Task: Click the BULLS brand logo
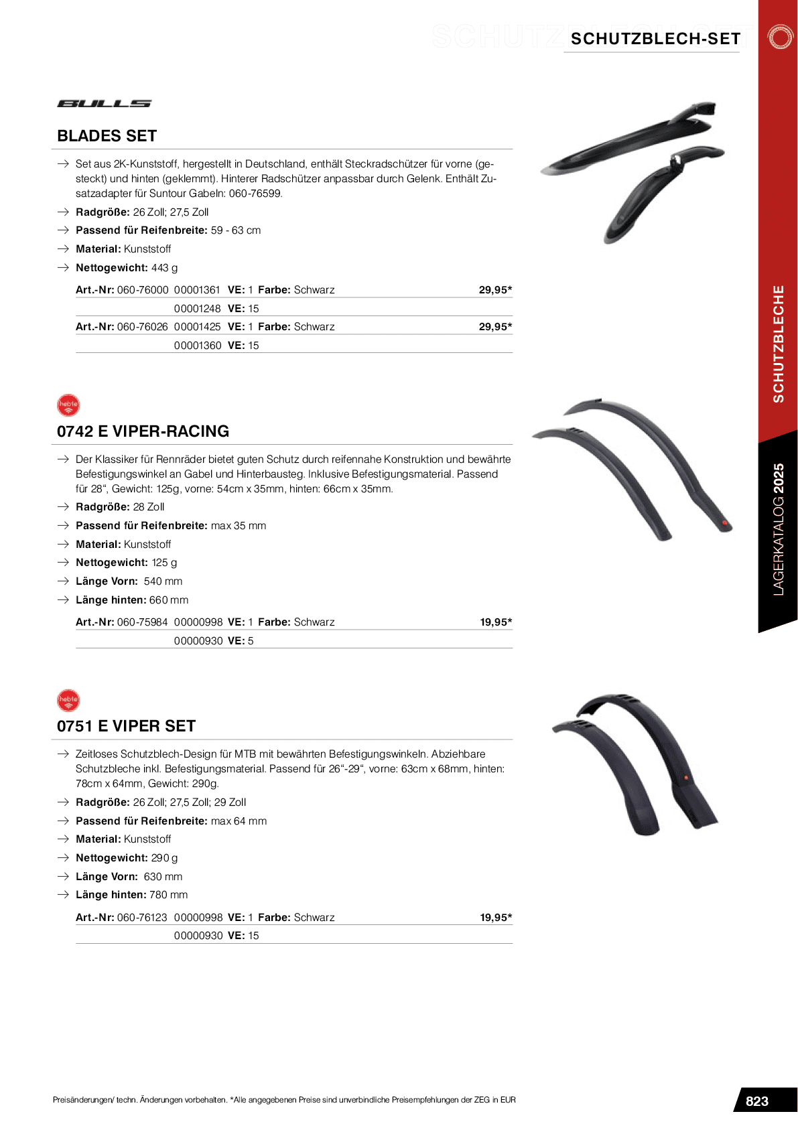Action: pos(104,104)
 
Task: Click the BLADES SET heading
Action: pos(107,136)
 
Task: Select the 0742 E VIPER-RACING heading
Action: pos(143,431)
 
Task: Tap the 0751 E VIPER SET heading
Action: pos(126,726)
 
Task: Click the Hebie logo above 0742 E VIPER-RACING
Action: pos(68,405)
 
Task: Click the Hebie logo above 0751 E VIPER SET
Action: pos(68,700)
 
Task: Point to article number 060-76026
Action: pos(142,327)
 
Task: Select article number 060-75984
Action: pos(142,622)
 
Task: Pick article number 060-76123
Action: pos(142,918)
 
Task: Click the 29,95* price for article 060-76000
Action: pos(495,290)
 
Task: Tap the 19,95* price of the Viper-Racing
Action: pos(496,622)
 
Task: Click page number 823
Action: pos(757,1101)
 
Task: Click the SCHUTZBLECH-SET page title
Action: pos(655,39)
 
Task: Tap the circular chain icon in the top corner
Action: pos(780,37)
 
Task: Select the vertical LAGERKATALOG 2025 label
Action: pos(778,529)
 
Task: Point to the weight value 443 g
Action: pos(165,268)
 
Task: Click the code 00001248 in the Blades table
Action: pos(197,309)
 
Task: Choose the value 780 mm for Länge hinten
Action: pos(168,895)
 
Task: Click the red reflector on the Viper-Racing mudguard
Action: pos(724,522)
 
